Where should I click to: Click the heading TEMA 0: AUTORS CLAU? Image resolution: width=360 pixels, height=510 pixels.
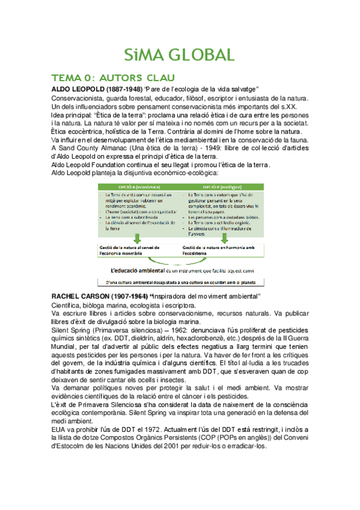tap(113, 78)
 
